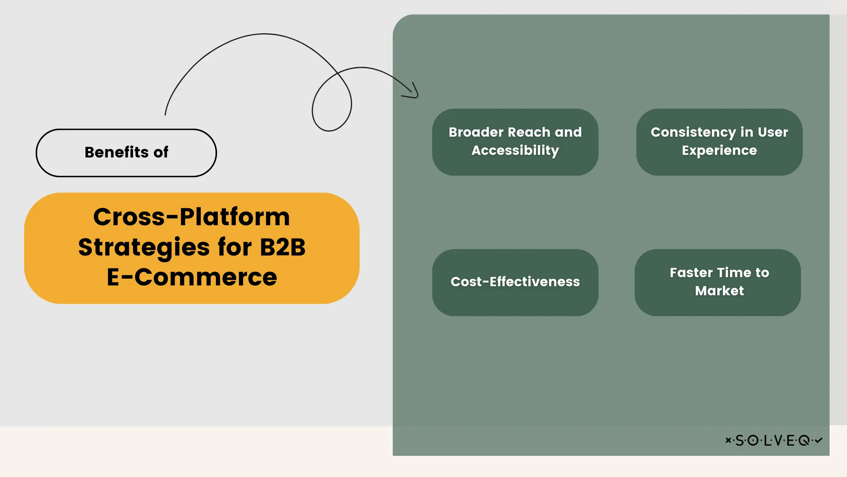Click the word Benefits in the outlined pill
point(116,152)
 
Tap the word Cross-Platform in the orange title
point(191,217)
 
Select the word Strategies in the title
point(144,247)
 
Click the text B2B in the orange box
point(282,247)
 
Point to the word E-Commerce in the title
point(192,277)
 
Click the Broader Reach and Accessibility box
point(515,142)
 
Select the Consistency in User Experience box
point(719,142)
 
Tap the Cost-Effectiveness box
point(515,282)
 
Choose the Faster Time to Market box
point(718,282)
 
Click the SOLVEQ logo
point(774,440)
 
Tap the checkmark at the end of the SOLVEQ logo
point(819,440)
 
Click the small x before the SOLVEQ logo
point(728,440)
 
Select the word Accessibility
point(515,151)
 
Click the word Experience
point(719,151)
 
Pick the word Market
point(719,291)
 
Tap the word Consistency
point(693,132)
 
